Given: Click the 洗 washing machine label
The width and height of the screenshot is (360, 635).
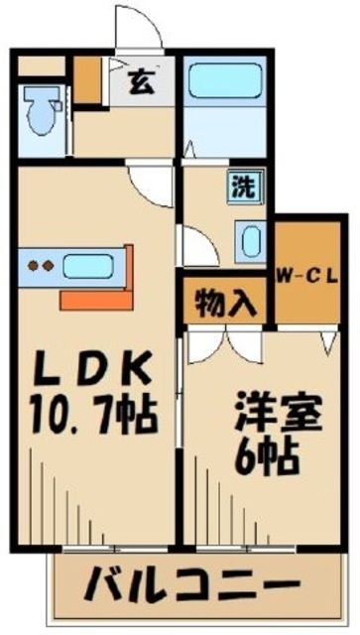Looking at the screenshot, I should pos(241,185).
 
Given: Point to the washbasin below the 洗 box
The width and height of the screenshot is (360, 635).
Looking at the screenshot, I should pos(249,238).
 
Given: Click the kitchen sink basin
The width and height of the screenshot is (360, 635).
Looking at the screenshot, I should pos(91,266).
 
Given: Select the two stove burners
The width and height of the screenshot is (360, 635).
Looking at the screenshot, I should pos(39,266).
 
